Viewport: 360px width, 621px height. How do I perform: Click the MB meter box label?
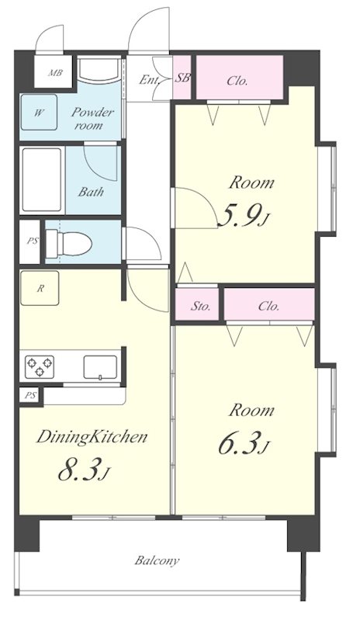click(55, 73)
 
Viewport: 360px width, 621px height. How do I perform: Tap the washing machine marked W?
click(39, 113)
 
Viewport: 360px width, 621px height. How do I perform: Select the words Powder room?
click(92, 119)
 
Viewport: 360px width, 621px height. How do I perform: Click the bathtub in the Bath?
click(42, 180)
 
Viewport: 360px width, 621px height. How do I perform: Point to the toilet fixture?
click(68, 242)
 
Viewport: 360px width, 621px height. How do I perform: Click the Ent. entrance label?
click(149, 80)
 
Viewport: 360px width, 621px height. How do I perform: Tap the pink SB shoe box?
click(182, 78)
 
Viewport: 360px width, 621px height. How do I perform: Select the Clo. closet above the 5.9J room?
click(240, 78)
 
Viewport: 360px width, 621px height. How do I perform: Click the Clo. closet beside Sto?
click(269, 304)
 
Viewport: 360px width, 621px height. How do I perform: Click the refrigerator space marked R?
click(40, 288)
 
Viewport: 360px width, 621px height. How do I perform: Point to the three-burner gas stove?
click(40, 366)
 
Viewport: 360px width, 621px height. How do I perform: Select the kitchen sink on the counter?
click(100, 367)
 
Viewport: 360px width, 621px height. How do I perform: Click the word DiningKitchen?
click(92, 437)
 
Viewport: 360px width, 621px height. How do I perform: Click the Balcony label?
click(157, 560)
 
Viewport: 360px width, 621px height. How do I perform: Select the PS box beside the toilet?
click(30, 242)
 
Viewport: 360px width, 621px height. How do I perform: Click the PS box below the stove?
click(30, 395)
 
